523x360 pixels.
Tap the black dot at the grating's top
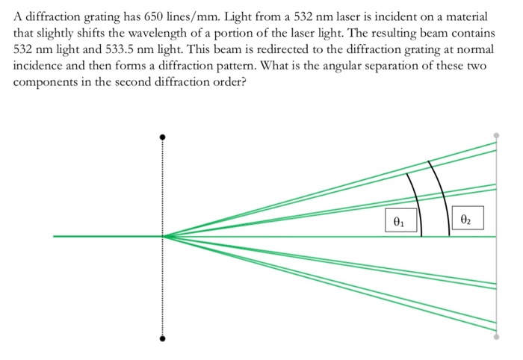pyautogui.click(x=161, y=137)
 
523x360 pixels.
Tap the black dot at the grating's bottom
pyautogui.click(x=161, y=338)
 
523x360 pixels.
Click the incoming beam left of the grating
pyautogui.click(x=105, y=237)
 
